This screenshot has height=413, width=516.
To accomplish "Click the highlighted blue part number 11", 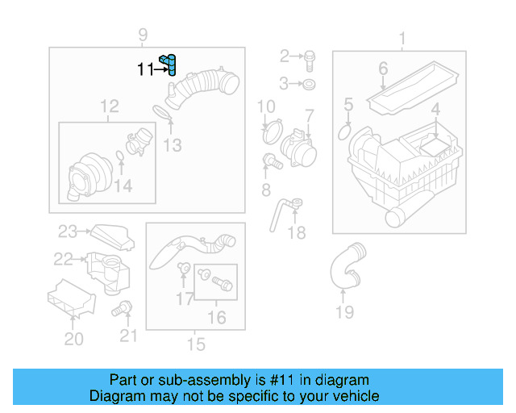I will pyautogui.click(x=169, y=63).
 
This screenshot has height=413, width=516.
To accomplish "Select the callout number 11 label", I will pyautogui.click(x=144, y=70).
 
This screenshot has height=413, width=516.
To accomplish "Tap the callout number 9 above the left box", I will pyautogui.click(x=143, y=35).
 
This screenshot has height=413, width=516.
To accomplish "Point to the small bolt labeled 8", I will pyautogui.click(x=272, y=161).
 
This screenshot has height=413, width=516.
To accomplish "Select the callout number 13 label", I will pyautogui.click(x=173, y=145).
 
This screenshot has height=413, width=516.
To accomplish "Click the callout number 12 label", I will pyautogui.click(x=109, y=106).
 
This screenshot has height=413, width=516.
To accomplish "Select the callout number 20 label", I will pyautogui.click(x=73, y=340).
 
